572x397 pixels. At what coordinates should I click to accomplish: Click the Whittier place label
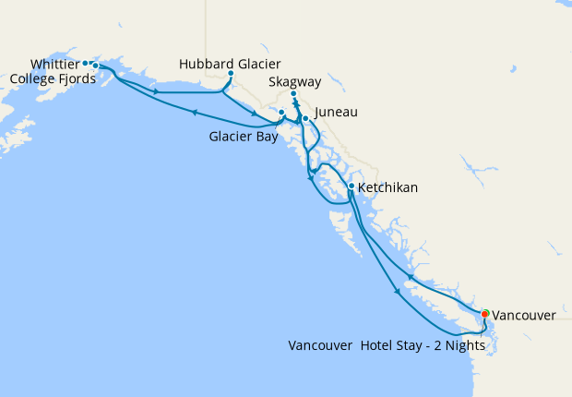[x=54, y=64]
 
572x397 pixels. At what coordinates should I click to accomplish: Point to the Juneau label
[x=335, y=113]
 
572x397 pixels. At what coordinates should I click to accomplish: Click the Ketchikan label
[x=387, y=187]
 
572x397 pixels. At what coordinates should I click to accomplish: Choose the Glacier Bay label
[x=242, y=137]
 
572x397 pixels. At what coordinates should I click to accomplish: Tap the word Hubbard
[x=205, y=64]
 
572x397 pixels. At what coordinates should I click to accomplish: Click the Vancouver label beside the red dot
[x=524, y=315]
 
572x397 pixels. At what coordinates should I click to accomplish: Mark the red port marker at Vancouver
[x=485, y=314]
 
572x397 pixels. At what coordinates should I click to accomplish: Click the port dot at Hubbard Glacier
[x=230, y=74]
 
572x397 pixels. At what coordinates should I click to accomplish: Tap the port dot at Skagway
[x=293, y=94]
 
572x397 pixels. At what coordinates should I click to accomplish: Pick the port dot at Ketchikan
[x=352, y=186]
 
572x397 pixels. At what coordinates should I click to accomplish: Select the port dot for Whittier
[x=86, y=64]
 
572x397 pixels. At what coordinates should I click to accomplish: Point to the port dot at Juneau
[x=305, y=119]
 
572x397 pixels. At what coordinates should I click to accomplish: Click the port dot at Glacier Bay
[x=281, y=113]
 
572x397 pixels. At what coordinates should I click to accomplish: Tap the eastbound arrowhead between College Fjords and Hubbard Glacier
[x=156, y=91]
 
